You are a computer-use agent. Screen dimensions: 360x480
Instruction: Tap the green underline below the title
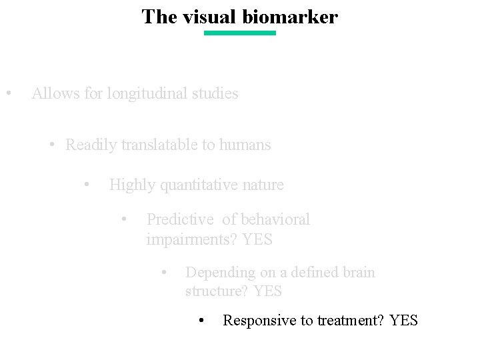pyautogui.click(x=239, y=33)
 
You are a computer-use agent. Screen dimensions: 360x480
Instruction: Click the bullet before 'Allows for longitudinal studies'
pyautogui.click(x=8, y=93)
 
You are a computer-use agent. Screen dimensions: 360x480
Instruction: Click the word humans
pyautogui.click(x=246, y=145)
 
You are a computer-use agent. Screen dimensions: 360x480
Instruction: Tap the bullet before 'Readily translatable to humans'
pyautogui.click(x=52, y=145)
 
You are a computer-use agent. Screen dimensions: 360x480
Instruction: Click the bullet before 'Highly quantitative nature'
pyautogui.click(x=87, y=184)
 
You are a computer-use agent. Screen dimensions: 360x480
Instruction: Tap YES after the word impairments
pyautogui.click(x=257, y=239)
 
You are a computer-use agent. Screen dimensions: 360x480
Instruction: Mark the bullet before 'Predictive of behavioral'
pyautogui.click(x=125, y=219)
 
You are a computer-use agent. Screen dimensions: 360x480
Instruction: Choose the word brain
pyautogui.click(x=359, y=273)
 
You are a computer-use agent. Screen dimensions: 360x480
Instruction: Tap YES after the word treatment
pyautogui.click(x=404, y=321)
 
